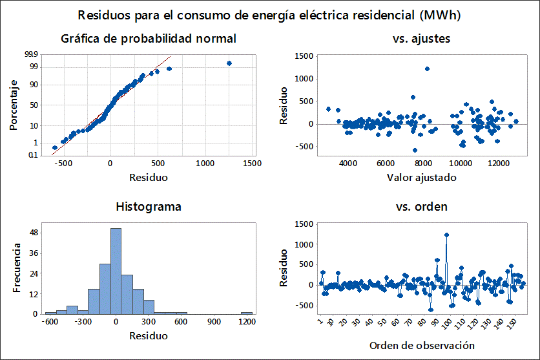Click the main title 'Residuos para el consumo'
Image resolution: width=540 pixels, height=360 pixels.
pos(270,14)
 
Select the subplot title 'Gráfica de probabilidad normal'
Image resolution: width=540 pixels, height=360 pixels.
pos(149,39)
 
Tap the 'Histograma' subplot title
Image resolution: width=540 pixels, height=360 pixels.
pos(149,207)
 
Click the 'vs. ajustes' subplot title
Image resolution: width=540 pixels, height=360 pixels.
pos(422,39)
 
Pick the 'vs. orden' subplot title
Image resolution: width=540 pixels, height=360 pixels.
pos(422,207)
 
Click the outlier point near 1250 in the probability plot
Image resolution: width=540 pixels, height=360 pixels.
pos(229,63)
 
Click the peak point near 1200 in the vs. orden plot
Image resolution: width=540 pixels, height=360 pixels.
pos(446,235)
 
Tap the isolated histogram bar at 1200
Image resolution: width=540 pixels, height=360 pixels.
pos(246,313)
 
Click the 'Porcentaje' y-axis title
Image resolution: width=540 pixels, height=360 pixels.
pos(14,105)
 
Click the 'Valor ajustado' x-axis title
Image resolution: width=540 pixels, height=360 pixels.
pos(422,177)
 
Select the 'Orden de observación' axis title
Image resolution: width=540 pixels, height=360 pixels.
pos(422,344)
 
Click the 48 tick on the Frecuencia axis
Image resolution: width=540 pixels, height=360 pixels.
pos(34,232)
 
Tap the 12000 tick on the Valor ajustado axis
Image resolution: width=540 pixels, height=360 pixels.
pos(497,164)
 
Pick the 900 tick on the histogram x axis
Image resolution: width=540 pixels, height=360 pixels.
pos(213,321)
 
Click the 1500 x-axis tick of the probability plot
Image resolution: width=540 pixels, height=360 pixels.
pos(252,164)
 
